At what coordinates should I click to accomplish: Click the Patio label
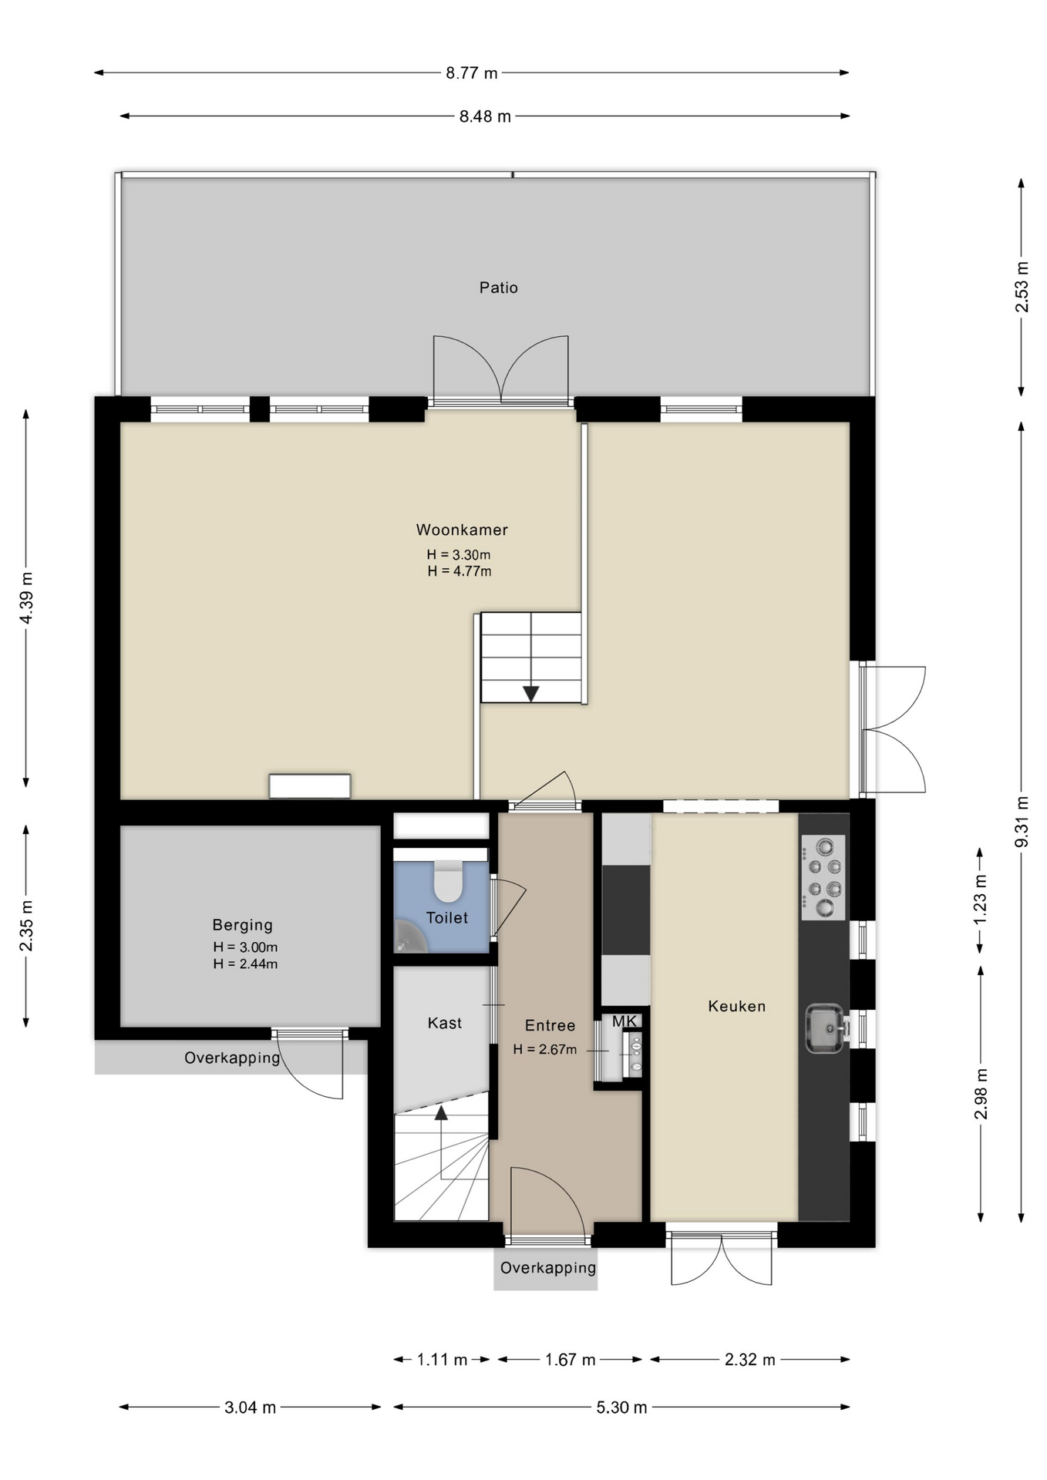tap(498, 288)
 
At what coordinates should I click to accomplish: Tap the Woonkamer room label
tap(462, 530)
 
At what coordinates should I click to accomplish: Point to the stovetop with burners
tap(823, 877)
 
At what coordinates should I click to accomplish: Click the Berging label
tap(243, 925)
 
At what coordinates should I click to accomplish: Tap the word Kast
tap(445, 1023)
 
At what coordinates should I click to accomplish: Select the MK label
tap(624, 1021)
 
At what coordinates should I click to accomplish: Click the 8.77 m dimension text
tap(472, 73)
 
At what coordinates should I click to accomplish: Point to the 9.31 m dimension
tap(1021, 821)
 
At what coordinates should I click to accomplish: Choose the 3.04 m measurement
tap(250, 1408)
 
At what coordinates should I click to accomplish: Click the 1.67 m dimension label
tap(570, 1360)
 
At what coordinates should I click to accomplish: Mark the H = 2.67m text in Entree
tap(545, 1049)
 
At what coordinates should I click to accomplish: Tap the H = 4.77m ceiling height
tap(460, 571)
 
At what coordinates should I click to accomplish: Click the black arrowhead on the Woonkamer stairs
tap(531, 694)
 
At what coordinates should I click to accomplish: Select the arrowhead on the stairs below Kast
tap(441, 1112)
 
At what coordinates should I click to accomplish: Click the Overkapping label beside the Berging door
tap(232, 1058)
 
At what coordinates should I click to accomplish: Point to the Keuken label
tap(737, 1006)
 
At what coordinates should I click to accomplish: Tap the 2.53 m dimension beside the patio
tap(1021, 287)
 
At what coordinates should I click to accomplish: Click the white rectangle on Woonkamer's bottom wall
tap(310, 786)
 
